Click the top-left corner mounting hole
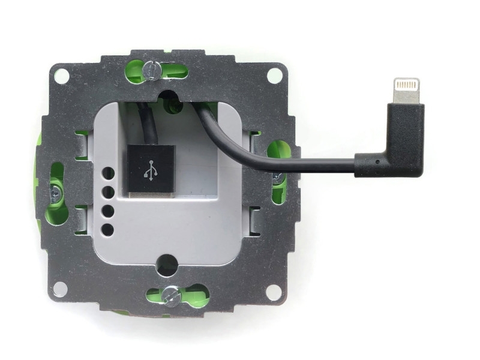pos(61,76)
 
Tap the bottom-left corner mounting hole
pos(60,289)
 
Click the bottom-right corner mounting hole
pos(274,292)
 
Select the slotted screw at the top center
pos(152,70)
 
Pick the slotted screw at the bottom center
pos(171,295)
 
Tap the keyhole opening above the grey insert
pos(169,98)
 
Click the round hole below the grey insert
pos(167,264)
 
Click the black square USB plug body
pos(150,169)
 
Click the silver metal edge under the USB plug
pos(150,196)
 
